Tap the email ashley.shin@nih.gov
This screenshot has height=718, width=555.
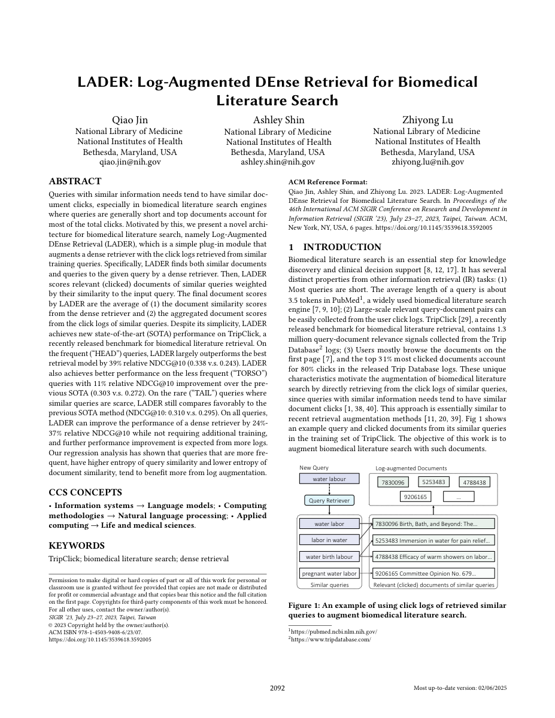pos(278,162)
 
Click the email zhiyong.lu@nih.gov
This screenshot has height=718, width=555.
pos(427,162)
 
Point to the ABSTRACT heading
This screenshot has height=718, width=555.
pos(75,181)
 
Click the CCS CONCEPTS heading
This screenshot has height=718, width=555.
pos(85,492)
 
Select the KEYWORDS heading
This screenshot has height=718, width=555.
pos(77,546)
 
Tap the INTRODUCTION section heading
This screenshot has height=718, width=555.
pos(342,247)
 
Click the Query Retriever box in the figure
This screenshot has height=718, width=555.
pos(329,500)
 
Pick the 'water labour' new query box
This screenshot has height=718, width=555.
pos(329,479)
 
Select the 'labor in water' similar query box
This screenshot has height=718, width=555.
pos(329,540)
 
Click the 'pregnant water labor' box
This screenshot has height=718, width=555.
pos(329,573)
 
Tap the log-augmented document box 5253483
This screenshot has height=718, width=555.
pos(433,482)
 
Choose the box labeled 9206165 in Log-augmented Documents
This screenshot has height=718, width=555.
pos(416,497)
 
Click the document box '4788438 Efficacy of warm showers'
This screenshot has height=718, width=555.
pos(434,556)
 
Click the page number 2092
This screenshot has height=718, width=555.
pos(277,688)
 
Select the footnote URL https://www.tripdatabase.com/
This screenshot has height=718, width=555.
pos(330,639)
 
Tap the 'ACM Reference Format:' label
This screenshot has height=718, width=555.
pos(328,182)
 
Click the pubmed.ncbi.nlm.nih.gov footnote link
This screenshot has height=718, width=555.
pos(333,631)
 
